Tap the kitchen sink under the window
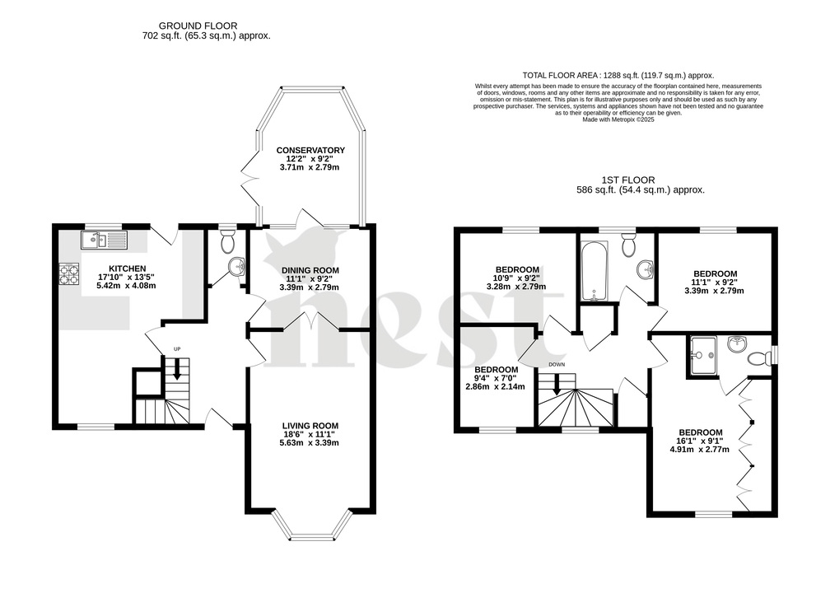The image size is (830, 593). tap(103, 240)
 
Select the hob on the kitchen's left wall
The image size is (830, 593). tap(68, 273)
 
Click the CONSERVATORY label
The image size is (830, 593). tap(310, 150)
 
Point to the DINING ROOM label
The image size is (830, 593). tap(310, 270)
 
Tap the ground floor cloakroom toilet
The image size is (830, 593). tap(228, 241)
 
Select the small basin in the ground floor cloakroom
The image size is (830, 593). tap(235, 268)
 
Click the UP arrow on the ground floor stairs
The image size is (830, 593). tap(175, 367)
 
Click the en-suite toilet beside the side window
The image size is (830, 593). tap(758, 357)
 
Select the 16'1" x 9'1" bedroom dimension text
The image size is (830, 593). tap(700, 441)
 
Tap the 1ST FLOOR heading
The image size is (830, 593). tap(640, 179)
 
